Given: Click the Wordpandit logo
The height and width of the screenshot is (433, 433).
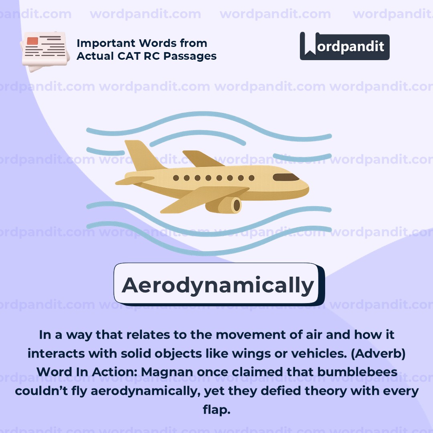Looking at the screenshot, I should tap(344, 47).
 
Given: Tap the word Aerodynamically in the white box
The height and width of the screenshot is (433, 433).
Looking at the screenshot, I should tap(218, 285).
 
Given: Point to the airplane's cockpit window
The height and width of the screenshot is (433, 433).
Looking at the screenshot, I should tap(286, 177).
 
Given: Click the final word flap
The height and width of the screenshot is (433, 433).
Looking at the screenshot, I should tap(216, 409).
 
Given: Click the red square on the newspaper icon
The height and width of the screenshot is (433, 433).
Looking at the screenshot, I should tap(32, 41).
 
